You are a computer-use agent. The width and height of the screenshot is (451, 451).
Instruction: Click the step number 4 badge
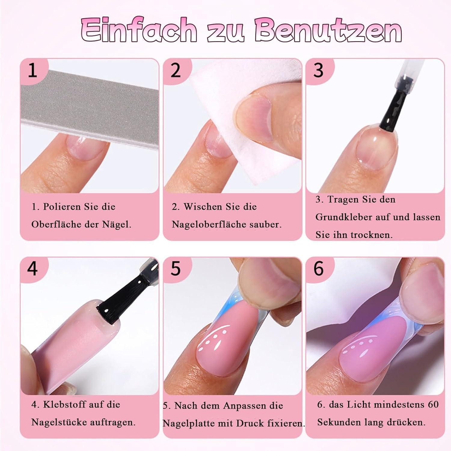pos(32,268)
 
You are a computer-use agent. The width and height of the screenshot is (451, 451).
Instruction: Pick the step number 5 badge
pos(176,268)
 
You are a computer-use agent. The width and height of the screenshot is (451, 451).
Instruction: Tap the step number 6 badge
pos(319,268)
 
